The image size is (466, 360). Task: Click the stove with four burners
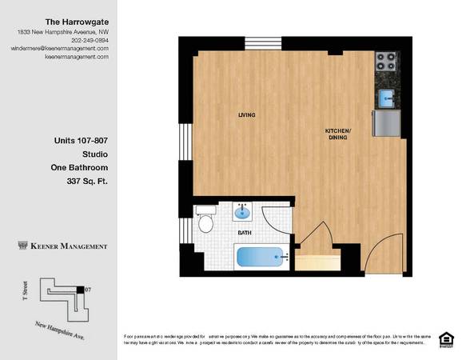[x=386, y=61]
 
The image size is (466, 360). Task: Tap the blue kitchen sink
[x=386, y=98]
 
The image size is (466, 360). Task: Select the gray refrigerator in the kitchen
[x=387, y=123]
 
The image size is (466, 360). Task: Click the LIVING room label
[x=247, y=115]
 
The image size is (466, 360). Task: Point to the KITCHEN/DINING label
[x=338, y=134]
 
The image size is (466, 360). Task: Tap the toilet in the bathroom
[x=205, y=218]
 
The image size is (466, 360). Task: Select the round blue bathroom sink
[x=243, y=213]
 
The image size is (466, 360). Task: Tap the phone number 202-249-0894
[x=90, y=39]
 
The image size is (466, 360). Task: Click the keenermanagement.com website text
[x=77, y=57]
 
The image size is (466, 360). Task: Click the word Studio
[x=94, y=154]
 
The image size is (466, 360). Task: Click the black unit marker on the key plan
[x=79, y=289]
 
